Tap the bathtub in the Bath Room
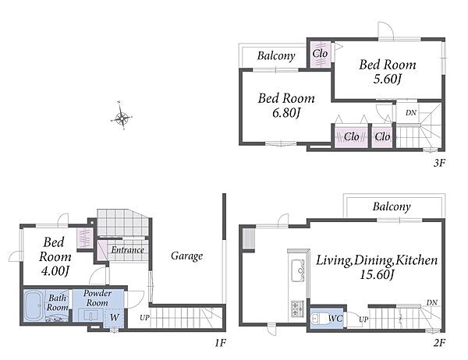34,305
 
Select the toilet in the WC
316,319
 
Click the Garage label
187,256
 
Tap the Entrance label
128,250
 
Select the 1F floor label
220,343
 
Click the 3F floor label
439,163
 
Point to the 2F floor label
439,343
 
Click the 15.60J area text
377,274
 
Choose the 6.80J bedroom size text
286,113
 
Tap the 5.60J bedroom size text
387,79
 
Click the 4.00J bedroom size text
55,271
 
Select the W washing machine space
114,318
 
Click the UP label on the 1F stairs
145,318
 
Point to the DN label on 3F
411,113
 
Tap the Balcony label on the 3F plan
276,56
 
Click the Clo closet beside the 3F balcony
320,54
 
